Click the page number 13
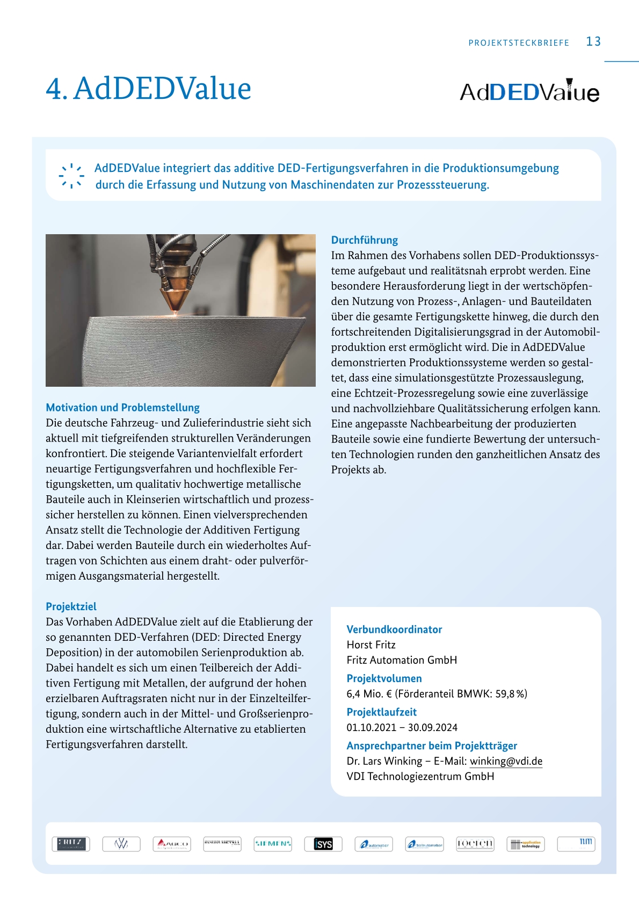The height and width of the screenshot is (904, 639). (593, 41)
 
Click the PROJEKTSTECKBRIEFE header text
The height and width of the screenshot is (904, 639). (518, 43)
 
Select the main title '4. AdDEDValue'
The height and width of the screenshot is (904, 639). (148, 89)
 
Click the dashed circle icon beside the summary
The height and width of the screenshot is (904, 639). (71, 176)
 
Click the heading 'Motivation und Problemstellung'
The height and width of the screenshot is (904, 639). (122, 408)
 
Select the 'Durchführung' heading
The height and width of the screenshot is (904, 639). (364, 240)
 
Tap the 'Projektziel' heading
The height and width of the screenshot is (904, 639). (71, 606)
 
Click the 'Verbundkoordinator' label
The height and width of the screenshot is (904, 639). (394, 630)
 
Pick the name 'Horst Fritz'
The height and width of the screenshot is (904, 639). (371, 645)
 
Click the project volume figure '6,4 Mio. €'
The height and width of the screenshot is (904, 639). (369, 694)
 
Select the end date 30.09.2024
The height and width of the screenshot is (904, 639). (433, 728)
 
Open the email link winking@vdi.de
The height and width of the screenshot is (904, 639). (506, 761)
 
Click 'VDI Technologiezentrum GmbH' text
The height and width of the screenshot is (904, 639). (420, 777)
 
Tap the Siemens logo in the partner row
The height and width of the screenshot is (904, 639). (273, 844)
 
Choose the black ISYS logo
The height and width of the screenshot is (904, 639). (323, 844)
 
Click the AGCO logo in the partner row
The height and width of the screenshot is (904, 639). (172, 844)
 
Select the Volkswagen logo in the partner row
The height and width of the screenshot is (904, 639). (121, 844)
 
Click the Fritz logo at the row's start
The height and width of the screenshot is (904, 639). (71, 844)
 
